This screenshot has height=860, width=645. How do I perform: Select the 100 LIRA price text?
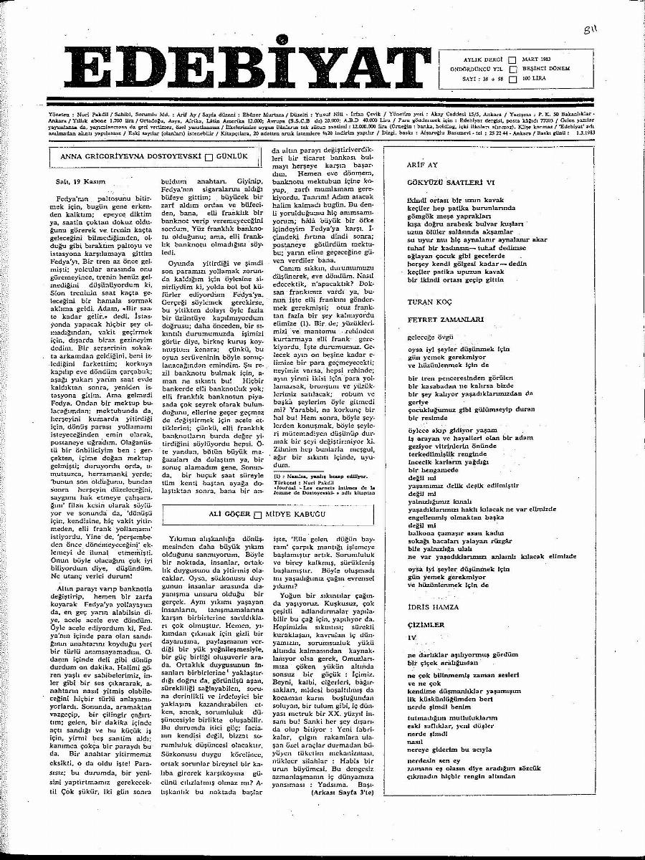[x=535, y=79]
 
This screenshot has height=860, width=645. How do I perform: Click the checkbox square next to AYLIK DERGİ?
[x=512, y=60]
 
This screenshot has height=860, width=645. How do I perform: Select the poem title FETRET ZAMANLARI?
[x=438, y=320]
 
